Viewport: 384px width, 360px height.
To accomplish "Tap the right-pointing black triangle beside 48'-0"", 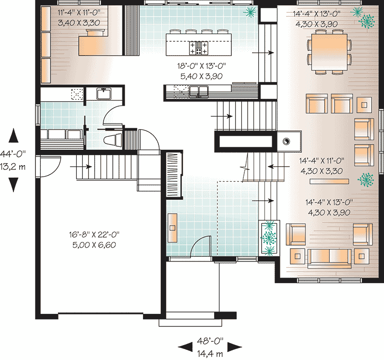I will (235, 347).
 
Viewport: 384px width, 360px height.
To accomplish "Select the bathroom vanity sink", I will (104, 93).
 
